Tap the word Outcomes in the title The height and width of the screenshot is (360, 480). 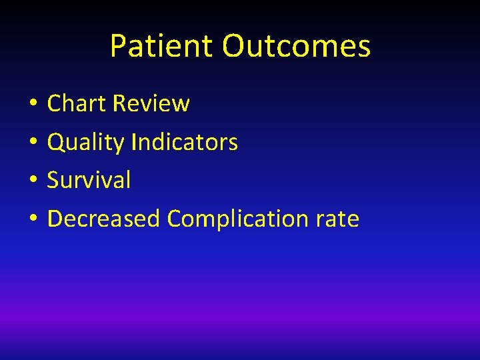(x=296, y=46)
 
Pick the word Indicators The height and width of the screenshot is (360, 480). (x=185, y=142)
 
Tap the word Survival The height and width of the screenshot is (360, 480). (x=89, y=180)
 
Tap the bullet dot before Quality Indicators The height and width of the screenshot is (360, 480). (x=32, y=143)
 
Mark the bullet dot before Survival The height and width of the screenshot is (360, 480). (x=32, y=181)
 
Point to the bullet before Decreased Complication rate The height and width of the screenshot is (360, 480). (x=32, y=219)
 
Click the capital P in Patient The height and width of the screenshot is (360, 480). (x=118, y=46)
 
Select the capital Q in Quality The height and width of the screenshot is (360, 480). (x=56, y=142)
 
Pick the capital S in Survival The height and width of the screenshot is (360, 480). (x=53, y=180)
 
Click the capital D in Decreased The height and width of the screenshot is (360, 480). (x=55, y=219)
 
